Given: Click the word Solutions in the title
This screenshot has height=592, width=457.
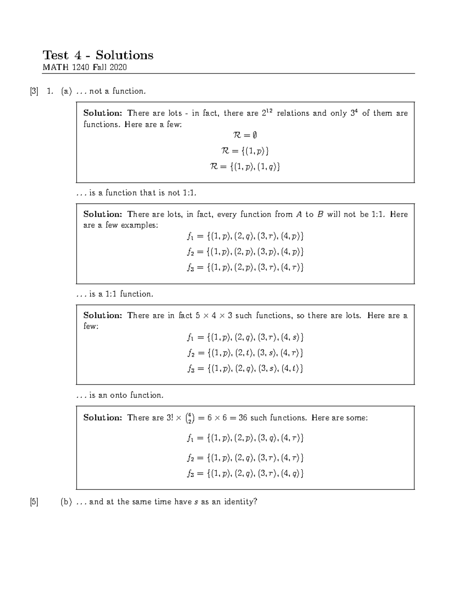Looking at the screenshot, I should coord(124,55).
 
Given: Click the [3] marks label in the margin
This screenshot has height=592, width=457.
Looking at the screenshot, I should coord(34,91).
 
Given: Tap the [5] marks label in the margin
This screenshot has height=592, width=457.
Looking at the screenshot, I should coord(34,502).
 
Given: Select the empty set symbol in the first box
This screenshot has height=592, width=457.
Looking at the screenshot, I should coord(254,135).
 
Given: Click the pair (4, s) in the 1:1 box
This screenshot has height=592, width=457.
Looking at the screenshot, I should coord(292,337).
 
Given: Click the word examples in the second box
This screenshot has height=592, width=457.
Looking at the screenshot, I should coord(139,225).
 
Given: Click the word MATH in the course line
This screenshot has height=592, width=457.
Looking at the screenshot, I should coord(54,68).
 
